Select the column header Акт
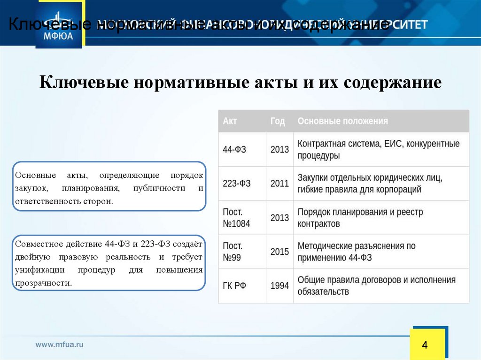tap(230, 121)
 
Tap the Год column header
tap(278, 121)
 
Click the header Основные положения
tap(343, 121)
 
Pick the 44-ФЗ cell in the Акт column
tap(234, 150)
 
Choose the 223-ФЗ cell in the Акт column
tap(237, 184)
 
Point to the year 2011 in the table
tap(279, 184)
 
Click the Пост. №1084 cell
tap(236, 218)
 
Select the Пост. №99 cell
tap(233, 252)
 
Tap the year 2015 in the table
tap(279, 252)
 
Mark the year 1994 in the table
tap(279, 286)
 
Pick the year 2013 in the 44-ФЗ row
tap(279, 150)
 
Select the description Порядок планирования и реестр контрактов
tap(360, 218)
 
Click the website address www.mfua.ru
tap(60, 344)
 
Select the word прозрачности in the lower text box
tap(43, 283)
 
